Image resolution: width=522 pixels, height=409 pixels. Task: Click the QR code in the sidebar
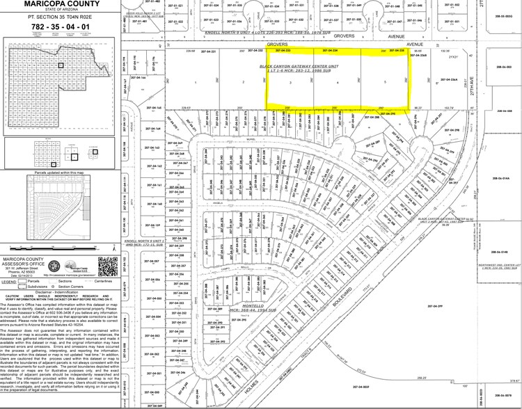(108, 266)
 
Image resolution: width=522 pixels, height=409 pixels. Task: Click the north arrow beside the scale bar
(113, 248)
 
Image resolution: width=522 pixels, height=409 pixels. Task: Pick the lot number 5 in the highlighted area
(385, 83)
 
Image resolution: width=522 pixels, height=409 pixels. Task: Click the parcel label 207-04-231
(209, 51)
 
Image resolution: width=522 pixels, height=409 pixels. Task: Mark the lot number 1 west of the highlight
(197, 83)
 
